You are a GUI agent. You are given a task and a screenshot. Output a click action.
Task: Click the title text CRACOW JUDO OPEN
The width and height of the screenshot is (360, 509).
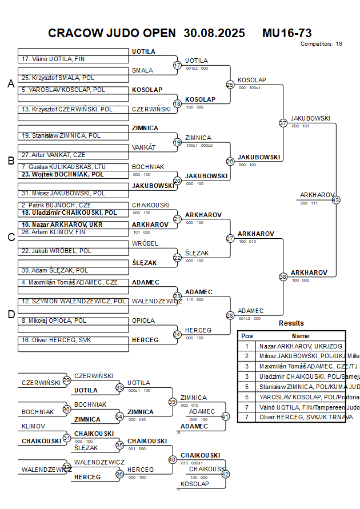tap(112, 33)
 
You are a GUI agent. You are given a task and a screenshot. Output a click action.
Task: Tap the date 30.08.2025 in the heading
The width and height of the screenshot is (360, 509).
tap(214, 33)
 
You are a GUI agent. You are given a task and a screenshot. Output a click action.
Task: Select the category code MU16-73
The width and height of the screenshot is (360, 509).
tap(287, 33)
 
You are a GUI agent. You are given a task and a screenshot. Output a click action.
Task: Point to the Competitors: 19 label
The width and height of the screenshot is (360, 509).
tap(321, 44)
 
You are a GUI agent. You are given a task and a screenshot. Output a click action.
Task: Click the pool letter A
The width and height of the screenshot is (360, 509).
tap(10, 84)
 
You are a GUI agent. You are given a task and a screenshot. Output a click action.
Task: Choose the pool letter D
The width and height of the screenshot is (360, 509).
tap(10, 314)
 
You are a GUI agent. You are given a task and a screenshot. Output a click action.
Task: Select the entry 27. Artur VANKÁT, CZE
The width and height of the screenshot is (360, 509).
tap(53, 155)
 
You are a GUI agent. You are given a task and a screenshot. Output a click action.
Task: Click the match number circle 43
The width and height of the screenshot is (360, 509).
tap(336, 200)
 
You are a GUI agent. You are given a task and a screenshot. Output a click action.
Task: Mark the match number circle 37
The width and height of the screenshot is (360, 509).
tap(283, 123)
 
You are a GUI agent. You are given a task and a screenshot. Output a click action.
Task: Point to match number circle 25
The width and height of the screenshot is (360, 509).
tap(230, 85)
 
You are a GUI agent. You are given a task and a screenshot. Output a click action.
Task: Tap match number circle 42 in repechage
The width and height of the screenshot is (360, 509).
tap(225, 474)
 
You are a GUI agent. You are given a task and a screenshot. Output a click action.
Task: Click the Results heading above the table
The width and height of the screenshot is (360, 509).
tap(291, 323)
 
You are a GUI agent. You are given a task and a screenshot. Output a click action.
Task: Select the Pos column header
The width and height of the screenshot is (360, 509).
tap(247, 336)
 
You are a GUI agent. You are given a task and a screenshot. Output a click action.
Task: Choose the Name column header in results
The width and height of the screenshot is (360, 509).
tap(301, 336)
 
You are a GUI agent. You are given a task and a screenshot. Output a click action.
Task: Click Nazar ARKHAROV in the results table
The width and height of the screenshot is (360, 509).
tap(302, 346)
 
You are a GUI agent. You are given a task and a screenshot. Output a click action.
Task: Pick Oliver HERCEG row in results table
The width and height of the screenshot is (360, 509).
tap(302, 417)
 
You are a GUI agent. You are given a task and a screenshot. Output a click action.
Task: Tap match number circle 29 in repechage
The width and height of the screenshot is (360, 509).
tap(67, 380)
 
